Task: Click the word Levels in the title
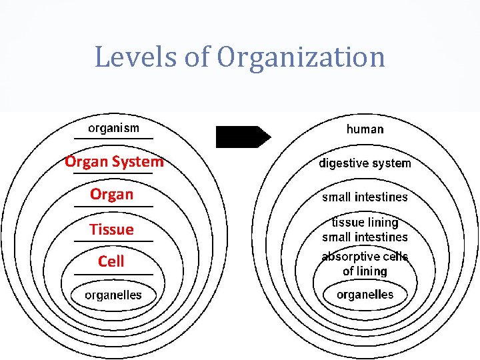point(135,57)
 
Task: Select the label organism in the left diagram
point(114,127)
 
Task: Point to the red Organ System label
point(114,161)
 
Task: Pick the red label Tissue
point(112,229)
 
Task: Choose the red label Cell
point(111,261)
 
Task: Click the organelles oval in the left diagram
point(113,295)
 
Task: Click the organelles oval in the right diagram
point(365,295)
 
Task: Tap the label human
point(365,129)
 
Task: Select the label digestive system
point(365,163)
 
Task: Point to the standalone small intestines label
point(365,197)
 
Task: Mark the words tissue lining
point(365,223)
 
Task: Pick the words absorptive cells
point(365,257)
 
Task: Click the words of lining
point(365,271)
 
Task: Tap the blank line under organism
point(113,138)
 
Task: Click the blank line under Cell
point(113,274)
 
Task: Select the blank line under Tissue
point(113,241)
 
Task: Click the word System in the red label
point(138,161)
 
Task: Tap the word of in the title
point(197,57)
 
